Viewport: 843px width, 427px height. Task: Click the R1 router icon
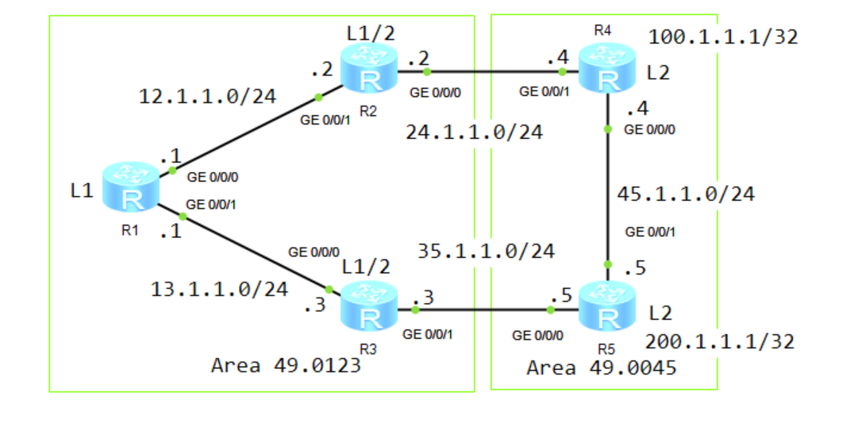click(132, 188)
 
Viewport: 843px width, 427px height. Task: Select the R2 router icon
click(369, 70)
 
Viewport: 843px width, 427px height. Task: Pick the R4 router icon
click(607, 70)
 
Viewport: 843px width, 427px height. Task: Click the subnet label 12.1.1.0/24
click(207, 97)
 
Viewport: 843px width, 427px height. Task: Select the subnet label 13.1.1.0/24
click(219, 290)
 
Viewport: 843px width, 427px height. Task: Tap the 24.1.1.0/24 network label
click(474, 132)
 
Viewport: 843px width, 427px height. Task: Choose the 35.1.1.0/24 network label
click(486, 252)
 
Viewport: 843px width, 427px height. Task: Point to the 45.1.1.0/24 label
click(686, 193)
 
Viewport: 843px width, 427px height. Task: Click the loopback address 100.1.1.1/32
click(722, 37)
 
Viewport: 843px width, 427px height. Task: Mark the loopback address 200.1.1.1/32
click(720, 341)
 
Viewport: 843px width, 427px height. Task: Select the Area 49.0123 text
click(285, 365)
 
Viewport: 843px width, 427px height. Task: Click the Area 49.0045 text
click(601, 367)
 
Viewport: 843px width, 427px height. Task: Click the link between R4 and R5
click(608, 183)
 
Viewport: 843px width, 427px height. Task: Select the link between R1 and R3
click(254, 252)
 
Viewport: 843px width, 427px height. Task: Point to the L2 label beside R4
click(658, 73)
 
